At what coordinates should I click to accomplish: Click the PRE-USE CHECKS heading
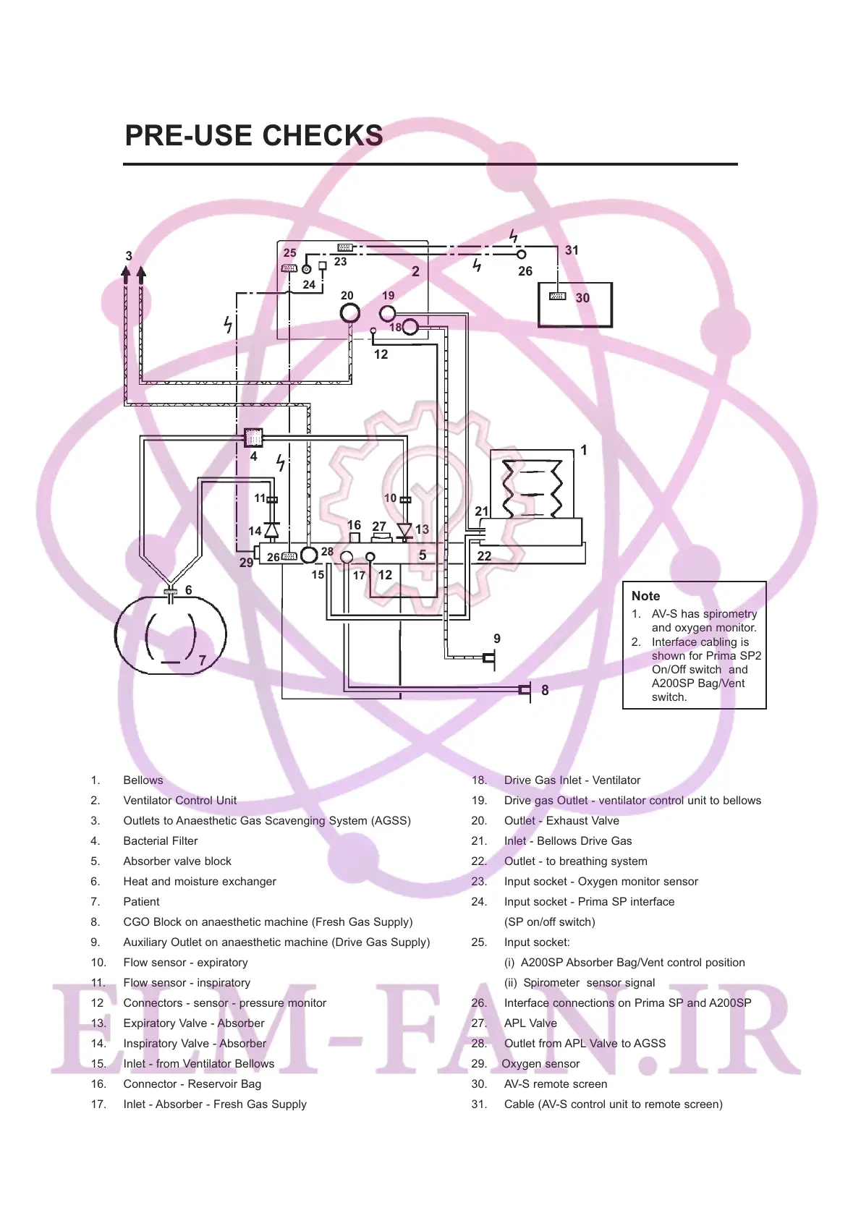click(254, 136)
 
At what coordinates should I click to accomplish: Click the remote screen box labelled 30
click(575, 304)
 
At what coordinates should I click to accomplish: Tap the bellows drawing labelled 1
click(533, 490)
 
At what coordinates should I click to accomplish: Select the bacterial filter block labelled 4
click(253, 438)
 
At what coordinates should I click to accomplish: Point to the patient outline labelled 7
click(171, 635)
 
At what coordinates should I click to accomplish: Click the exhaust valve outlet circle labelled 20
click(350, 313)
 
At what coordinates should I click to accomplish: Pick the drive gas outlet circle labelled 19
click(388, 313)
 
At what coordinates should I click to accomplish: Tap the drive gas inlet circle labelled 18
click(410, 327)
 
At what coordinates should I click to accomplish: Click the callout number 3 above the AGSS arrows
click(129, 256)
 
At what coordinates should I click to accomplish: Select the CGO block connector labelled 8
click(525, 690)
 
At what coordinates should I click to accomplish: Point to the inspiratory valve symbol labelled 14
click(271, 530)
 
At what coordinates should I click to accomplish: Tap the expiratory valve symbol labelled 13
click(404, 531)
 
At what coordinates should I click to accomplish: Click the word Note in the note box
click(645, 596)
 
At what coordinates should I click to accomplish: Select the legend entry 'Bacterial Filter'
click(161, 841)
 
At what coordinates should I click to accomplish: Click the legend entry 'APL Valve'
click(530, 1023)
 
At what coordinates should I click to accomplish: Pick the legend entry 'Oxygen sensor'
click(540, 1064)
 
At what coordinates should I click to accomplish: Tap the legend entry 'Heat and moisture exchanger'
click(200, 882)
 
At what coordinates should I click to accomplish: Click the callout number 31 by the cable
click(572, 250)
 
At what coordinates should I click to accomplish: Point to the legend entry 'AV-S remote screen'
click(556, 1084)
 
